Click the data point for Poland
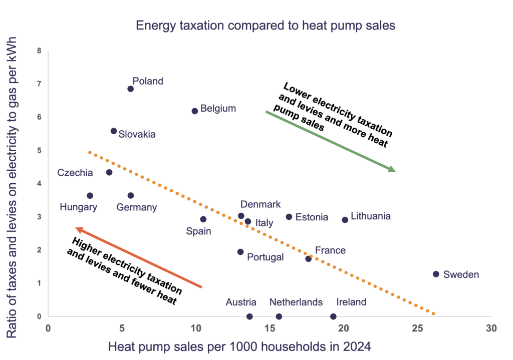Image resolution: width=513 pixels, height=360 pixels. (x=130, y=89)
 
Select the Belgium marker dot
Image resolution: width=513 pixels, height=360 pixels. (x=195, y=111)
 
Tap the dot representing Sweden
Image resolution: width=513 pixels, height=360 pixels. (x=436, y=274)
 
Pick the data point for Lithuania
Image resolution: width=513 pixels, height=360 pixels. (x=345, y=220)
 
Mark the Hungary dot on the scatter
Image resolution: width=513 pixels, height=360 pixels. (x=90, y=195)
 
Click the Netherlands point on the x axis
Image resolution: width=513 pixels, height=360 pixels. (x=279, y=316)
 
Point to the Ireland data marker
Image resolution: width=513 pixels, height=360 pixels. (x=333, y=316)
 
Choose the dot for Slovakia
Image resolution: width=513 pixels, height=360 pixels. (x=114, y=131)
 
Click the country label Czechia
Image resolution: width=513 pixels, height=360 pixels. (x=75, y=173)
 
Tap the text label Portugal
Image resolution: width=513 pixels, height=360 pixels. (x=266, y=257)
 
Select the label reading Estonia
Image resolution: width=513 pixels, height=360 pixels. (x=312, y=217)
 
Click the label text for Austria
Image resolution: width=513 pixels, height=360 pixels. (x=241, y=302)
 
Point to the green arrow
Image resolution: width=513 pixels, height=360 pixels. (x=330, y=141)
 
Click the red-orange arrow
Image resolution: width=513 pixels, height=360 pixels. (x=138, y=257)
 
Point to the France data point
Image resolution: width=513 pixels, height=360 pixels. (x=308, y=258)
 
